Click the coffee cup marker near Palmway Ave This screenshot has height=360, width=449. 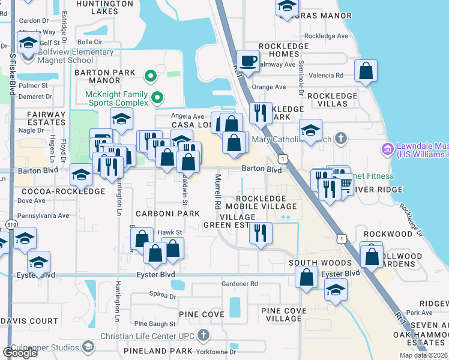click(247, 60)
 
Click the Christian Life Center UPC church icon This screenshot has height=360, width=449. click(203, 335)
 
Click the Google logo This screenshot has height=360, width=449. click(20, 352)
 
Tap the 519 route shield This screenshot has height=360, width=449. click(11, 223)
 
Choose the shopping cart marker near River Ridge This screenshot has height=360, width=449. click(345, 183)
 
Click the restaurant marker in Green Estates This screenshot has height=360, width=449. click(260, 233)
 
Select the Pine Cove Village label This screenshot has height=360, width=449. click(283, 314)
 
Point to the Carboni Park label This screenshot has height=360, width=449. click(167, 213)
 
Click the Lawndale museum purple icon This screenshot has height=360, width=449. click(387, 148)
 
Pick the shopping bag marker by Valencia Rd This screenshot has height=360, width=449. click(366, 71)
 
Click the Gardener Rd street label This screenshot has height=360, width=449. click(239, 283)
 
